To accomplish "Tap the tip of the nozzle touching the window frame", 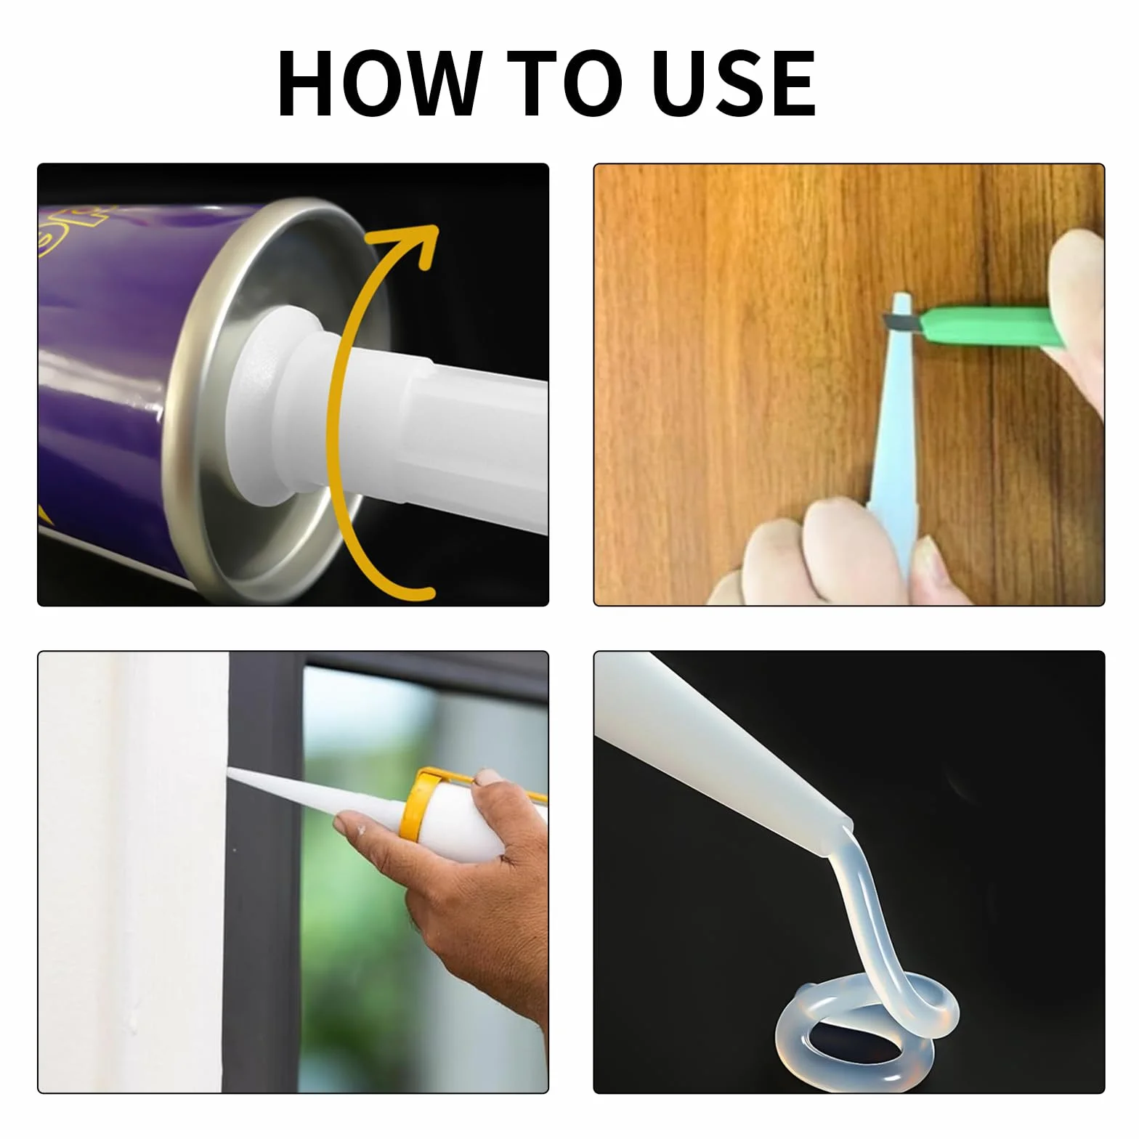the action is click(229, 771).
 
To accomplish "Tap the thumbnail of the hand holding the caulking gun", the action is click(487, 779).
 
